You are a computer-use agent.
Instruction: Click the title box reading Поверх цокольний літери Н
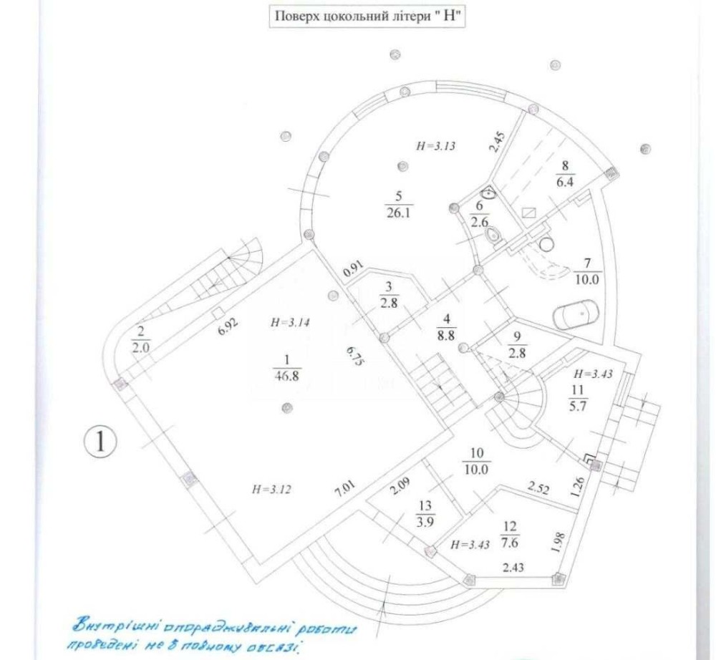[367, 16]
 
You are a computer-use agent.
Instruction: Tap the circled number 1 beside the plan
[100, 442]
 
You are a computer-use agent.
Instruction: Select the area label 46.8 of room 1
[287, 376]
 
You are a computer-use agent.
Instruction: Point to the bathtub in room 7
[575, 314]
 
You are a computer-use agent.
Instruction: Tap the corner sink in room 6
[490, 192]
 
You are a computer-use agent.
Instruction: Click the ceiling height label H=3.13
[435, 146]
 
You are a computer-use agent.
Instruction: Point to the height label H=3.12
[271, 490]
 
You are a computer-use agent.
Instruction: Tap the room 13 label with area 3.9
[425, 514]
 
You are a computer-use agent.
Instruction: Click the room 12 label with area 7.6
[509, 535]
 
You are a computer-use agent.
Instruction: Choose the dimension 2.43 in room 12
[513, 568]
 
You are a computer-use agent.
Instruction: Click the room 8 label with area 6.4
[566, 174]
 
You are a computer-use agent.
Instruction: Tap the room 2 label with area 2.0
[140, 339]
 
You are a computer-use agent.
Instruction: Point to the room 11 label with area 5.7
[578, 398]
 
